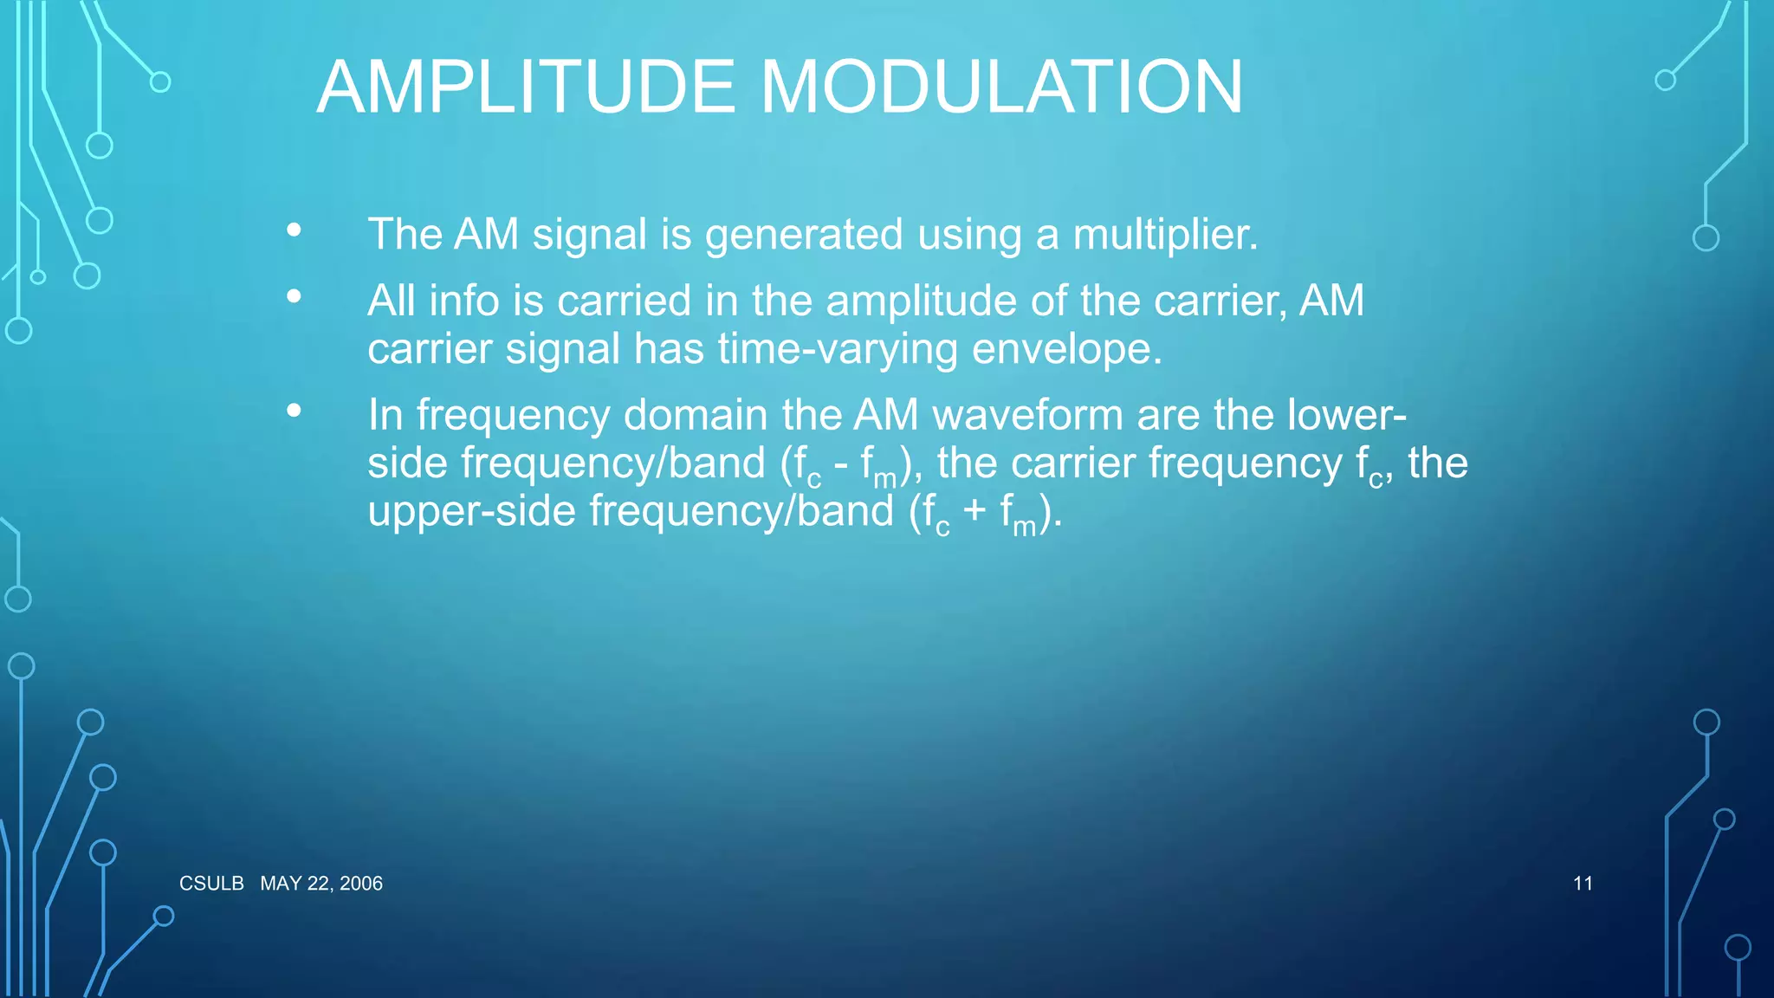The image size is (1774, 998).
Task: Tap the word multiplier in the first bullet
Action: [1164, 235]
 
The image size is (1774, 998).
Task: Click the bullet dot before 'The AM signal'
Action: [295, 230]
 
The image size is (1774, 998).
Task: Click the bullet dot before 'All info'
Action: [295, 297]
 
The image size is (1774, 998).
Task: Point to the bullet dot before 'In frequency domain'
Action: [295, 411]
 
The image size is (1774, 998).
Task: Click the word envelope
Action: [1065, 351]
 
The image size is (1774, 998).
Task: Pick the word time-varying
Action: [837, 351]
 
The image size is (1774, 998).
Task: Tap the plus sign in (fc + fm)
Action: [974, 510]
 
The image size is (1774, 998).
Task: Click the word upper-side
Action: [471, 512]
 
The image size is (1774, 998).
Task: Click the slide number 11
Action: [1583, 884]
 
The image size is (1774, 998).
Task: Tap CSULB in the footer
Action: [211, 884]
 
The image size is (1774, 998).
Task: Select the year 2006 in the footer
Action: [361, 884]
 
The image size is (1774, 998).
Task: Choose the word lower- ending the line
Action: [1346, 415]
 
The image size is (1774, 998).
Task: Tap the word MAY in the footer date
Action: [281, 884]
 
